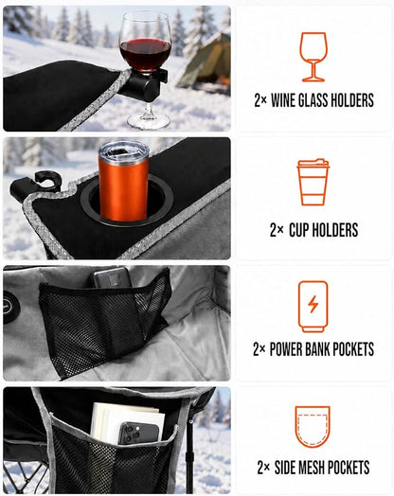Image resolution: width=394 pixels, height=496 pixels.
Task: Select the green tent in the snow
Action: point(206,63)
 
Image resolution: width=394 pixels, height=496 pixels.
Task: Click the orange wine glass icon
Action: point(313,57)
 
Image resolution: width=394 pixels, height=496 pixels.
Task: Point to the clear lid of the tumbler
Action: point(123,151)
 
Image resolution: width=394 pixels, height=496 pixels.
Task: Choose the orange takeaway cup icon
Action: point(313,182)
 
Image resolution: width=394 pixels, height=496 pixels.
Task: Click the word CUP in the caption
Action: point(299,230)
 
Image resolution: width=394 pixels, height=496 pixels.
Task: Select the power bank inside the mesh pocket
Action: point(112,277)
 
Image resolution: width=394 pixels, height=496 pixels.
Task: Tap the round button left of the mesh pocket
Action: point(10,307)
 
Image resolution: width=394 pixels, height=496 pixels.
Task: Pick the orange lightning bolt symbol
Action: point(313,304)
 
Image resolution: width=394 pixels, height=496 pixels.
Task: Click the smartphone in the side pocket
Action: point(138,433)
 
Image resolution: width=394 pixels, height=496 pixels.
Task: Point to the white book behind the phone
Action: point(127,420)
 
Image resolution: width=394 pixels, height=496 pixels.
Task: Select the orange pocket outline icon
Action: point(313,427)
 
